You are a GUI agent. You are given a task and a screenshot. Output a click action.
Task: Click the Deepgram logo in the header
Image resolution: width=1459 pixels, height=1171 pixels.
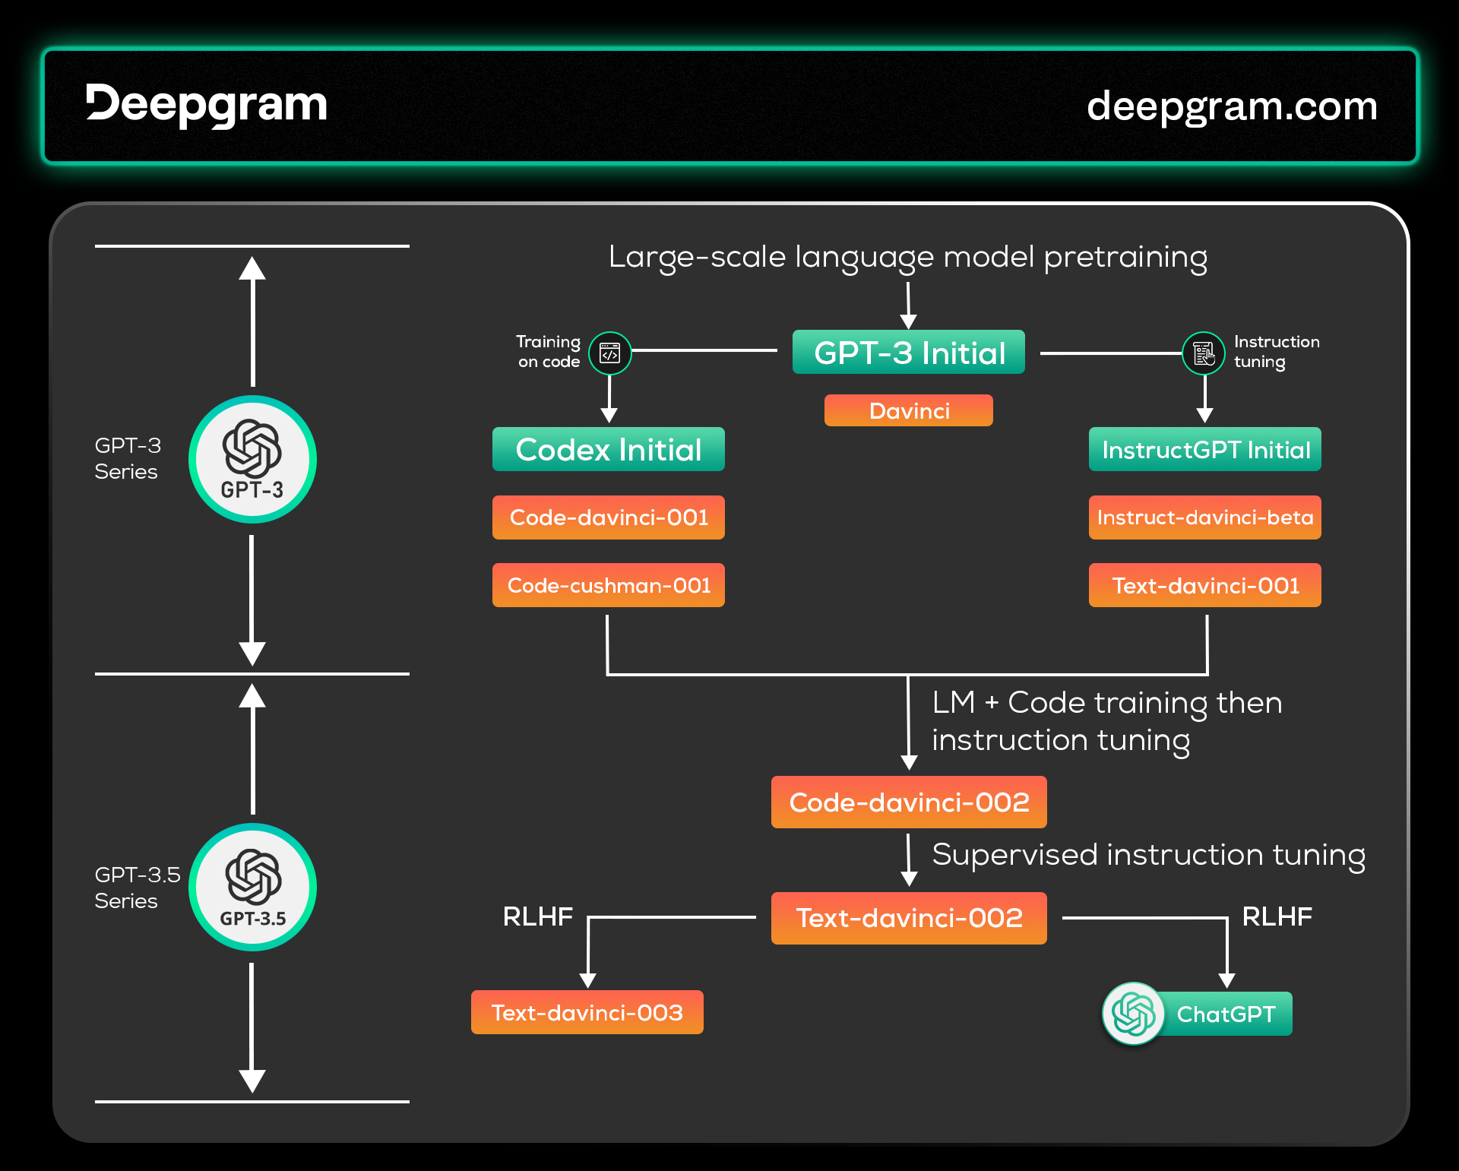[x=206, y=105]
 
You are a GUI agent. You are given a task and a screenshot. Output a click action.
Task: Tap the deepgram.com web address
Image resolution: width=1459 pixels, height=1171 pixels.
[x=1232, y=106]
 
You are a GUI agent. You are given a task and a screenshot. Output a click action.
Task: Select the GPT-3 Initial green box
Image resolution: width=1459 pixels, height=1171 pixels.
[x=909, y=352]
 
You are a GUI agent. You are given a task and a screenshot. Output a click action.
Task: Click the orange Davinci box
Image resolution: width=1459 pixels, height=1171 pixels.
[x=909, y=410]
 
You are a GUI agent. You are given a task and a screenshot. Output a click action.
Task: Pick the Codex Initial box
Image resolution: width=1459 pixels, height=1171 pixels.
[x=609, y=449]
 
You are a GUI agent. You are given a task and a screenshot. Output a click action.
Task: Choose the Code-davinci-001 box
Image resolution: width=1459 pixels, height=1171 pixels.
[x=609, y=517]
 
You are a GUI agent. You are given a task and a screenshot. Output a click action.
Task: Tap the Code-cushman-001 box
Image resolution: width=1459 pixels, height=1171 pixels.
[x=609, y=585]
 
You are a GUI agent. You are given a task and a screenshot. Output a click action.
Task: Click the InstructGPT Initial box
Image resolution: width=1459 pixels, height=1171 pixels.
[x=1205, y=449]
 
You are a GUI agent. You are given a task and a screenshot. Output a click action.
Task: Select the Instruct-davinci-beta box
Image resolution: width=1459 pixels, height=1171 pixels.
[x=1205, y=517]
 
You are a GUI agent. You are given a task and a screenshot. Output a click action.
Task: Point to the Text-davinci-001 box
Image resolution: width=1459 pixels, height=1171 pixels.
[x=1205, y=585]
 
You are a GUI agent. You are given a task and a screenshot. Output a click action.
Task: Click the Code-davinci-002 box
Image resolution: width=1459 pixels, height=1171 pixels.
[x=909, y=802]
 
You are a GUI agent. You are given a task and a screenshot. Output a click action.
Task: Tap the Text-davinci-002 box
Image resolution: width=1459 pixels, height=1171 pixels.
[x=909, y=918]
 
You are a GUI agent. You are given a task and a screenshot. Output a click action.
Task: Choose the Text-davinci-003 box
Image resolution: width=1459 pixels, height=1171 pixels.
[x=587, y=1012]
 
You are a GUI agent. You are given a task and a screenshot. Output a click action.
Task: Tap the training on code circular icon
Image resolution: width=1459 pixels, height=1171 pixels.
[x=610, y=353]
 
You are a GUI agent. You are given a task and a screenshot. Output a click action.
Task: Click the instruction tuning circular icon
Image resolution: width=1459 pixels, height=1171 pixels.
[x=1204, y=353]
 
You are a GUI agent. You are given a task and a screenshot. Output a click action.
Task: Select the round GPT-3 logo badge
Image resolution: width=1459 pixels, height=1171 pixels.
[x=252, y=459]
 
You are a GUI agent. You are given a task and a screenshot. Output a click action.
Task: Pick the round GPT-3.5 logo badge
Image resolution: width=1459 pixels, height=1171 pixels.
[x=252, y=887]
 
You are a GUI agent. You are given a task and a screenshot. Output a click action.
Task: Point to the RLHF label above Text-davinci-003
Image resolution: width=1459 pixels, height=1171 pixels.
[x=538, y=916]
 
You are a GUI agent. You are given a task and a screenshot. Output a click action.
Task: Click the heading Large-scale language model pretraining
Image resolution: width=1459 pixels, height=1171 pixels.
[x=908, y=258]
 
